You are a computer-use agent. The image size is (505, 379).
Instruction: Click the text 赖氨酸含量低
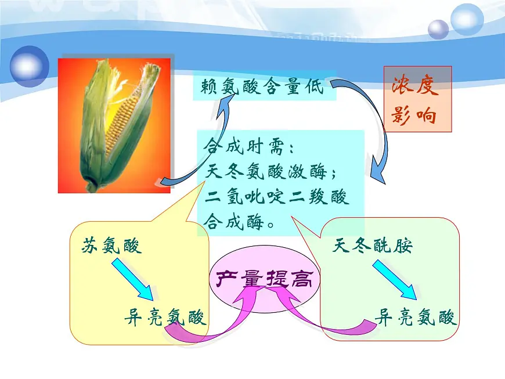click(x=262, y=86)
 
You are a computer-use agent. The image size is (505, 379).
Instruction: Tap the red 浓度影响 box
click(x=417, y=99)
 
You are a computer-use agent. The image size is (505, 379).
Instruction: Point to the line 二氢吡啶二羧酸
click(x=277, y=197)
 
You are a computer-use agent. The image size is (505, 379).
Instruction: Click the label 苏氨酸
click(x=112, y=246)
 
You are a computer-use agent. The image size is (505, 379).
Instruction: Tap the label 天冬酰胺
click(x=373, y=246)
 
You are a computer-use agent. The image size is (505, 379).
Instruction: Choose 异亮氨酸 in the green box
click(x=416, y=317)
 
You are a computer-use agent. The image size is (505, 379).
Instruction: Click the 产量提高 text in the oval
click(x=264, y=280)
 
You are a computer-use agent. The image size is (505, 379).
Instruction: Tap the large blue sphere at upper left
click(x=29, y=66)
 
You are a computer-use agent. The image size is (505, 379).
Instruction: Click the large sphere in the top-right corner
click(x=467, y=19)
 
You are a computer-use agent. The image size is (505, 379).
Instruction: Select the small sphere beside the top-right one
click(x=438, y=29)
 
